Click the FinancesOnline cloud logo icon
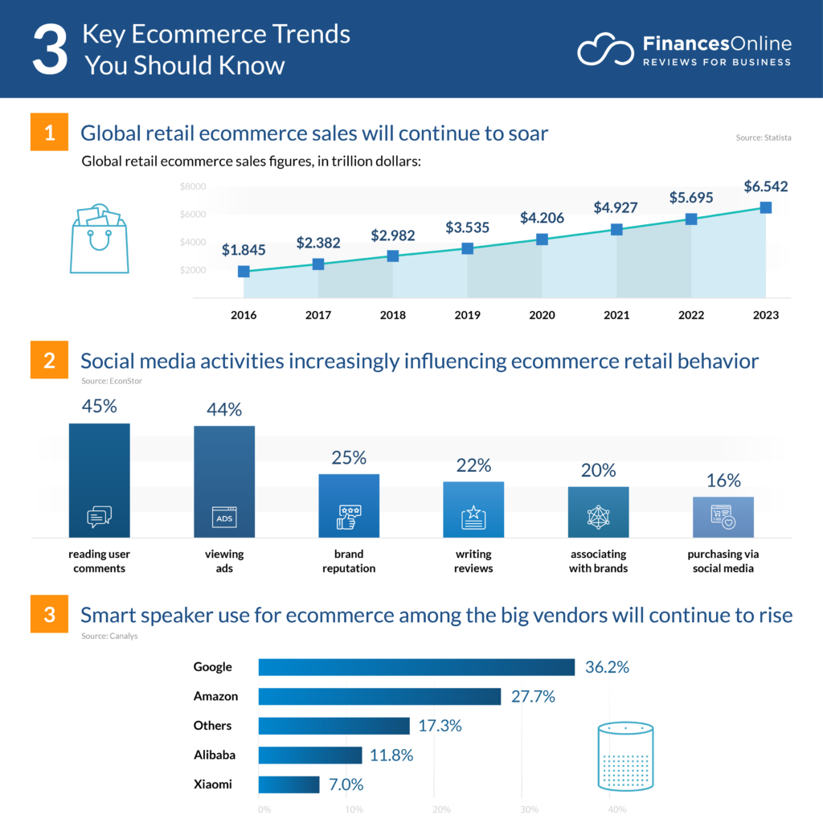(607, 50)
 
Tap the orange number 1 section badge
(50, 133)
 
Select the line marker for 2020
(542, 240)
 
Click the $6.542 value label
(765, 187)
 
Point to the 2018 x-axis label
(392, 315)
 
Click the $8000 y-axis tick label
(193, 187)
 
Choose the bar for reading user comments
(99, 480)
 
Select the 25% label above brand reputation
(349, 458)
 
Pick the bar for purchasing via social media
(723, 517)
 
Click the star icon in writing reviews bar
(473, 517)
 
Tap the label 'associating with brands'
(598, 561)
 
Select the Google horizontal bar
(416, 667)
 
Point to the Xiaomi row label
(212, 784)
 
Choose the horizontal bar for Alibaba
(310, 755)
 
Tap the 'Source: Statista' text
(764, 138)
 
